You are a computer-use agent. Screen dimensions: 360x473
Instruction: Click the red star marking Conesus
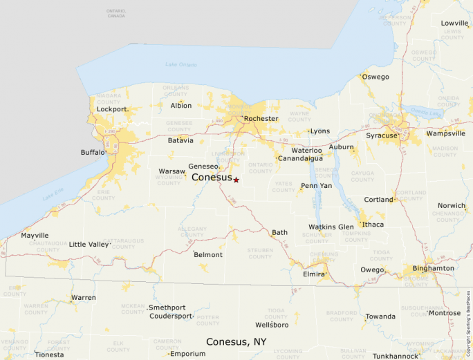236,180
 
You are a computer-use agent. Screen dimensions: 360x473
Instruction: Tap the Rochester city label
261,118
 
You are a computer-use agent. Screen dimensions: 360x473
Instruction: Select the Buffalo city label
93,152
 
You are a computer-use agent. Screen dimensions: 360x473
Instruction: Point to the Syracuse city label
382,135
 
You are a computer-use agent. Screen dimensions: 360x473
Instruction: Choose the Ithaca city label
373,225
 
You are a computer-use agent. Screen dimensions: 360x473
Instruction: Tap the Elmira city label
313,274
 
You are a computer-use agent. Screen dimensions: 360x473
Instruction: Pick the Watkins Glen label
331,227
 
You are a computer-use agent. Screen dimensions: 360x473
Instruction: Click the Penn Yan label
316,186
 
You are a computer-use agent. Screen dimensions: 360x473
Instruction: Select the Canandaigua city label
300,158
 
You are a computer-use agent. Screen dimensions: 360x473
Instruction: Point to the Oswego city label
375,77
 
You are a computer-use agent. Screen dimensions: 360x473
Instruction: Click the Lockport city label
112,109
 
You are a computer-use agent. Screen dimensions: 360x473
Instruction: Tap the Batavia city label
180,140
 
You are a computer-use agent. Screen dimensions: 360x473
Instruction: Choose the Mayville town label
35,235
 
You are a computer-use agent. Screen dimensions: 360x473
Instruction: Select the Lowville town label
454,23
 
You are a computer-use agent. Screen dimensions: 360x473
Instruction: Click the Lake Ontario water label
181,65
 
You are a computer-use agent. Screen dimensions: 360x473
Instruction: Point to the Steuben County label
260,254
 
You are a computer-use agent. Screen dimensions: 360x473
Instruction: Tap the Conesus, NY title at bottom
236,341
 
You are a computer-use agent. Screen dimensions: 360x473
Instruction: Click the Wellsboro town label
272,324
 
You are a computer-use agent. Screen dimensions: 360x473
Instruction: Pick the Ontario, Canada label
116,13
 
